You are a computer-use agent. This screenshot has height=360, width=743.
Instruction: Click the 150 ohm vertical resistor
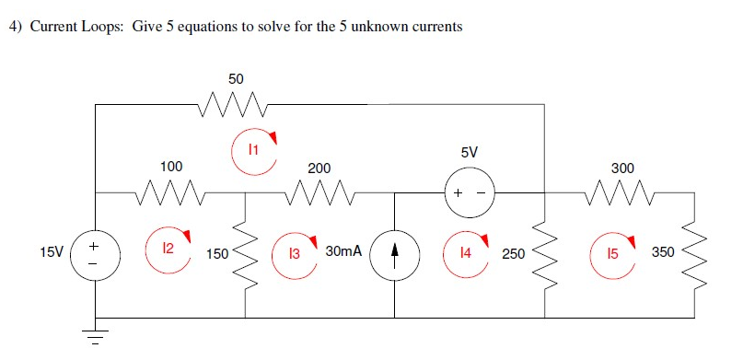[x=245, y=252]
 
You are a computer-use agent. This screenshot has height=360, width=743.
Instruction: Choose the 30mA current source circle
[x=395, y=253]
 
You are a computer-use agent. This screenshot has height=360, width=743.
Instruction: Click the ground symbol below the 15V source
[x=96, y=334]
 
